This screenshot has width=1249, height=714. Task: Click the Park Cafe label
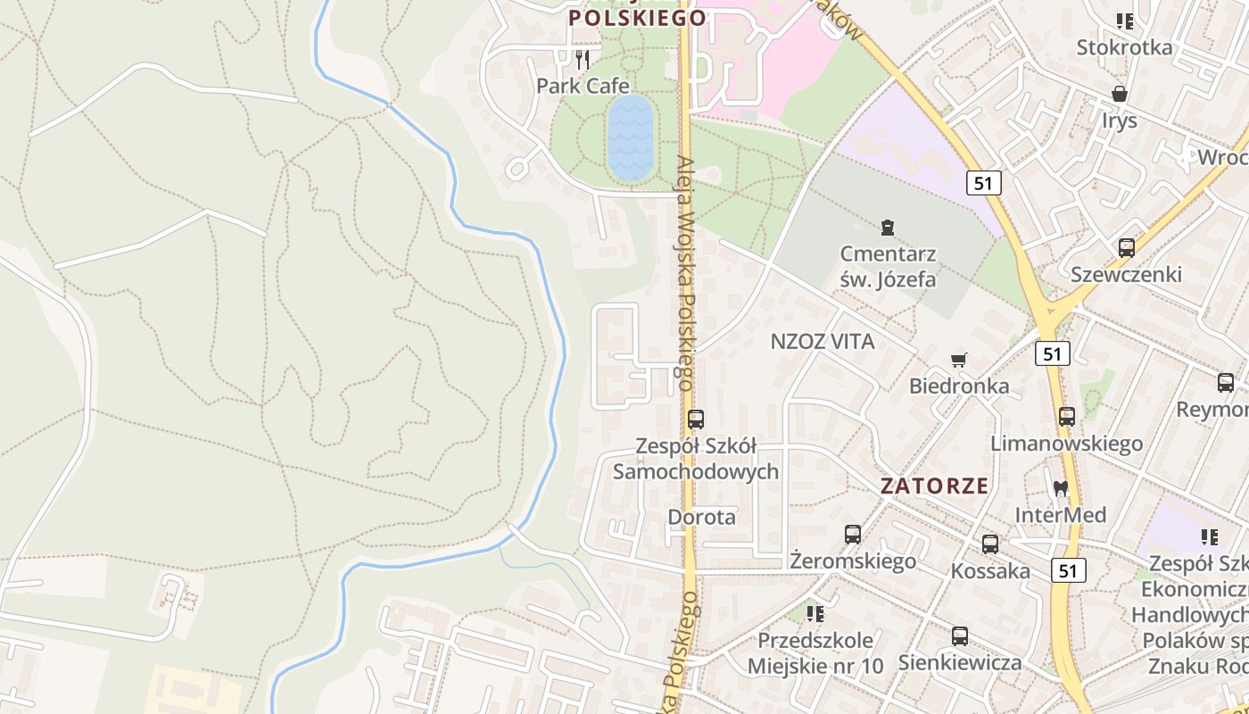point(583,86)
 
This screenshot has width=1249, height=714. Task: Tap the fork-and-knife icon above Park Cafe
point(583,60)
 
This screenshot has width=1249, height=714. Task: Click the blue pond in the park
point(631,137)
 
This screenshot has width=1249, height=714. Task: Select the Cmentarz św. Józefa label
point(888,267)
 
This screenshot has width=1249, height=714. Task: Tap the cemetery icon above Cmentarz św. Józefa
point(887,228)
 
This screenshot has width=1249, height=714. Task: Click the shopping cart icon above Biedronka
point(959,360)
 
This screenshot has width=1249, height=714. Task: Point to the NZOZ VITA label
point(822,341)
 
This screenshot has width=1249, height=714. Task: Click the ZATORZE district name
point(934,486)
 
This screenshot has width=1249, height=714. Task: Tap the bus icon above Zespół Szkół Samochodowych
point(696,419)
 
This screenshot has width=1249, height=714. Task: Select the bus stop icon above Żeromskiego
point(853,535)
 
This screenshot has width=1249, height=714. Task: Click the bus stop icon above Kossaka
point(990,544)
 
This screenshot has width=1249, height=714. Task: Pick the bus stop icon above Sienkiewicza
point(960,636)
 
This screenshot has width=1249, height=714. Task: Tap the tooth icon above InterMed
point(1061,488)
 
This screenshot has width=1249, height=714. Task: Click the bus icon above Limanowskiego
point(1067,417)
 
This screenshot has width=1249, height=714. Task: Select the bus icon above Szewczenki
point(1127,248)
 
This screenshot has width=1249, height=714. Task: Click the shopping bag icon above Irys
point(1120,93)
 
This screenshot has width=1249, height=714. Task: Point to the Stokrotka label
point(1124,47)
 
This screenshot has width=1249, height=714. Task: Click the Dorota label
point(702,517)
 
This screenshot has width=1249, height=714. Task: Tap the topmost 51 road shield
point(983,183)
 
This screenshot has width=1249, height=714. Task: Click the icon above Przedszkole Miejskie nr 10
point(815,614)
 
